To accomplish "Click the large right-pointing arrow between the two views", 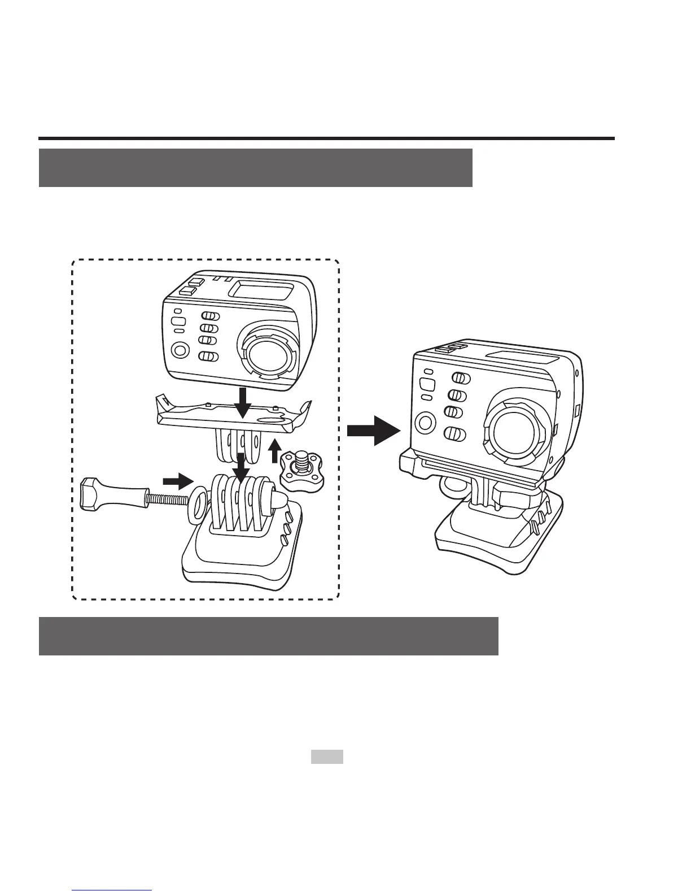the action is [373, 431].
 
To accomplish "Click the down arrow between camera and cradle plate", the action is [243, 401].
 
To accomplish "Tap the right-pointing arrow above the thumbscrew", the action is [177, 481].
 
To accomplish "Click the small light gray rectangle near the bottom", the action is [327, 757].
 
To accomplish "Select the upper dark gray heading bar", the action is [255, 168].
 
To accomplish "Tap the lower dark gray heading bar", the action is [268, 636].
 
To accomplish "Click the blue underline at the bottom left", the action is [112, 890].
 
